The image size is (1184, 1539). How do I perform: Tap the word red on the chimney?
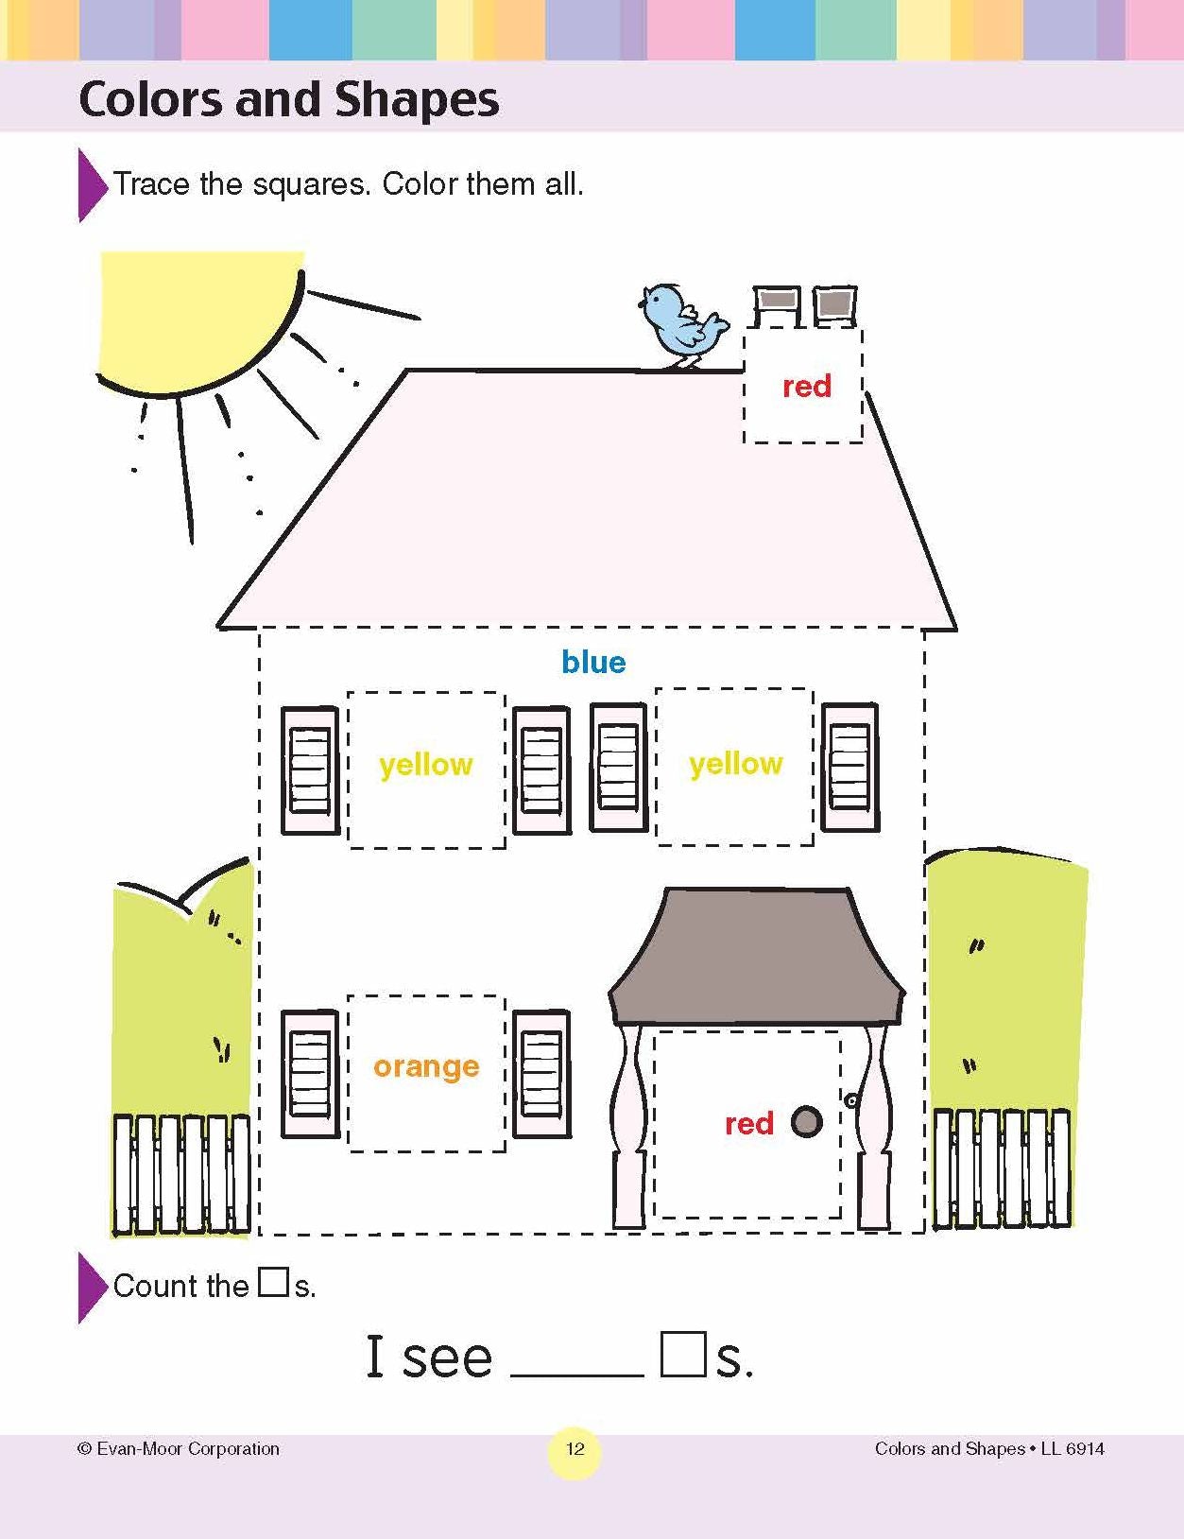[806, 387]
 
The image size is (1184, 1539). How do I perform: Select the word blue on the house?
[593, 662]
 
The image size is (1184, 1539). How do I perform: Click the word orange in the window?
[426, 1067]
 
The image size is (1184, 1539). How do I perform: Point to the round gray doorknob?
[806, 1121]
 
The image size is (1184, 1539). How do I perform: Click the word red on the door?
[748, 1124]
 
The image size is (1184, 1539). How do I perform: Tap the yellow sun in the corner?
[201, 322]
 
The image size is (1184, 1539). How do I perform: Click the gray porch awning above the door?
[757, 955]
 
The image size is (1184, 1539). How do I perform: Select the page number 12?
[575, 1448]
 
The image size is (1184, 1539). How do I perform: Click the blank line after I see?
[577, 1375]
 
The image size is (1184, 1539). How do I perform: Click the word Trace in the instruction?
[151, 185]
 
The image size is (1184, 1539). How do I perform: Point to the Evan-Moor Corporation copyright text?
[179, 1449]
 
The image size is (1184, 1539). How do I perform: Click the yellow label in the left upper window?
[425, 765]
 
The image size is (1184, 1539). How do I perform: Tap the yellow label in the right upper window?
[736, 764]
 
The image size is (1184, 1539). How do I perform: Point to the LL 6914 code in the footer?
[1072, 1449]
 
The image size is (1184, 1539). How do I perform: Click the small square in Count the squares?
[272, 1282]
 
